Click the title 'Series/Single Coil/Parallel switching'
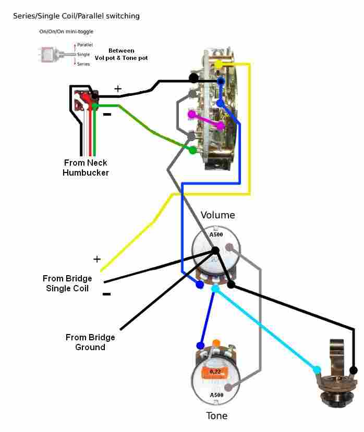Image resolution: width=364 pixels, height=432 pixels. [x=76, y=16]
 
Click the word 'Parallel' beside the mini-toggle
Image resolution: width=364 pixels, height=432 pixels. [x=85, y=45]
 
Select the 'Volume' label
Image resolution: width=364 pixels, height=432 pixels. [x=218, y=215]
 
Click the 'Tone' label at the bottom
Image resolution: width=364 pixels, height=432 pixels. [x=216, y=416]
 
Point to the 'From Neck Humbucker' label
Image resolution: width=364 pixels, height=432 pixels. [x=86, y=167]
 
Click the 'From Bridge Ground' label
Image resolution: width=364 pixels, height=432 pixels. [x=90, y=342]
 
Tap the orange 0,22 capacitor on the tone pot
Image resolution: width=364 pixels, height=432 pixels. [x=214, y=372]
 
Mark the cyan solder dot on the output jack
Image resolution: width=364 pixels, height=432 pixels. [x=317, y=370]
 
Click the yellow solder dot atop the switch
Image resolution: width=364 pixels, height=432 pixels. [x=219, y=64]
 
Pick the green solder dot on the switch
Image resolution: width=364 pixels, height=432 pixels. [x=192, y=150]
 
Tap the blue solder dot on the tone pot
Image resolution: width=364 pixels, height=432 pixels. [x=200, y=345]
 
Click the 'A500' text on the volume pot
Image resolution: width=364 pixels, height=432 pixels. [x=216, y=234]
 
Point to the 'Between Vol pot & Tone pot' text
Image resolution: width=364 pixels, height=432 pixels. [x=122, y=54]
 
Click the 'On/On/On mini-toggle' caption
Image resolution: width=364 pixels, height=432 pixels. [x=66, y=32]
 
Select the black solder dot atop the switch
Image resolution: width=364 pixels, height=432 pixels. [x=193, y=78]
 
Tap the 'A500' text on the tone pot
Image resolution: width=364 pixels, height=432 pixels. [x=216, y=395]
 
